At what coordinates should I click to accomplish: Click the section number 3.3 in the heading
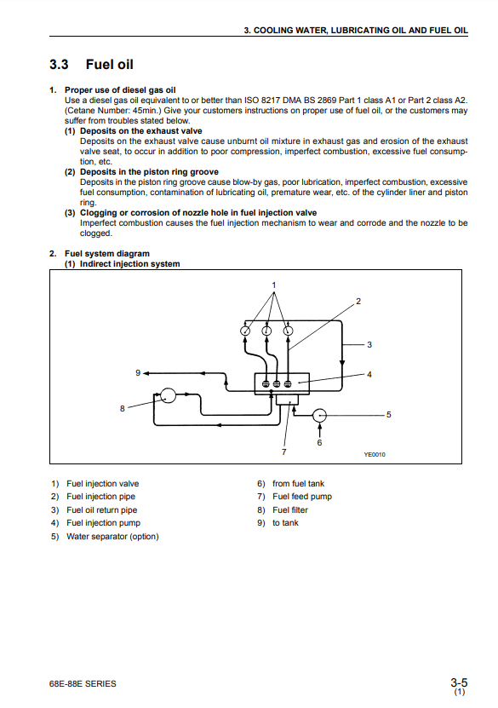[59, 65]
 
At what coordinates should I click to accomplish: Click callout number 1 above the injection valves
[274, 285]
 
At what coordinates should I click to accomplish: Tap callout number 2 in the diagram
[358, 301]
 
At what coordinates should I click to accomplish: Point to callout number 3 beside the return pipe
[369, 344]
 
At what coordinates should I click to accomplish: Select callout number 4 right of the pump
[369, 374]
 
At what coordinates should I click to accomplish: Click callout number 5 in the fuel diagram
[389, 415]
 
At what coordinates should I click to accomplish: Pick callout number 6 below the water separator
[319, 442]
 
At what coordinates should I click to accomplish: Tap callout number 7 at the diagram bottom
[283, 452]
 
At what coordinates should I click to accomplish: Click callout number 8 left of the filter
[123, 409]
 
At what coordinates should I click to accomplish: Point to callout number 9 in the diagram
[138, 373]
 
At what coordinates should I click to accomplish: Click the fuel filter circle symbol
[169, 395]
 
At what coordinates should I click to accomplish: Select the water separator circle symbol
[319, 416]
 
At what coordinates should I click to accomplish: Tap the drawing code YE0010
[375, 455]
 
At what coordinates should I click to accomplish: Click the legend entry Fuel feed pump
[301, 497]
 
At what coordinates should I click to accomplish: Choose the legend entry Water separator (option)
[112, 537]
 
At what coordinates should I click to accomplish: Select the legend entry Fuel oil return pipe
[101, 509]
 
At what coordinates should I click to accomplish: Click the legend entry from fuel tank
[298, 484]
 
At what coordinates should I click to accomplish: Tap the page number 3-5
[459, 682]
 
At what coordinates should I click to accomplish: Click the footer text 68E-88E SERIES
[83, 683]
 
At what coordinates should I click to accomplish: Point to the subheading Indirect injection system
[130, 264]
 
